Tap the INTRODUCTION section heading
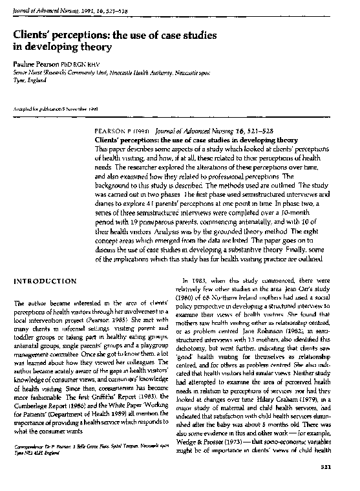point(45,281)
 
